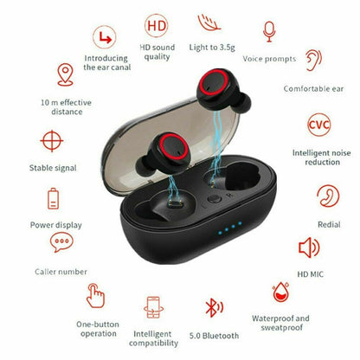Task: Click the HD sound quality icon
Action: [156, 27]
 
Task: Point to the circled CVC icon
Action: [318, 123]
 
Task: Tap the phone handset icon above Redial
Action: [328, 195]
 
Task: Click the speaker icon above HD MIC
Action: [309, 248]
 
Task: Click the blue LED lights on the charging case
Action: [228, 233]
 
